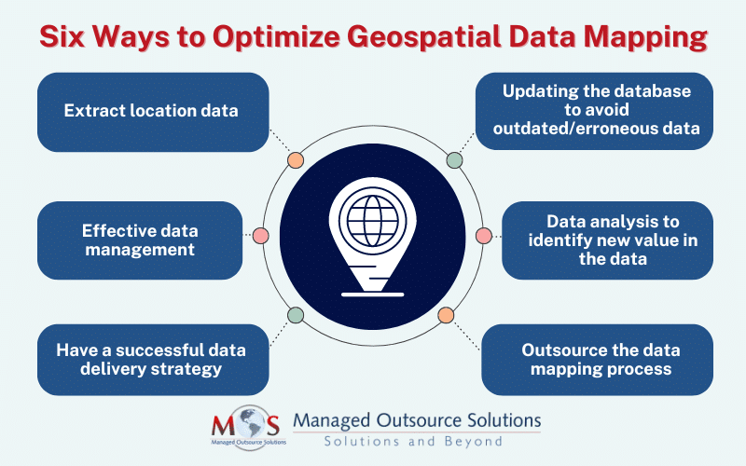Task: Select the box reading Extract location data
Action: point(151,111)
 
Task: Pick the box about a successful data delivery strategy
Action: point(151,360)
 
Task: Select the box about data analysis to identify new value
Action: point(607,240)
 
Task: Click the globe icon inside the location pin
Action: point(372,218)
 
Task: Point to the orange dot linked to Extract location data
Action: point(296,159)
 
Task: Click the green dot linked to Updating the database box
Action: point(454,159)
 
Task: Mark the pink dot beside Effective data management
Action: point(260,237)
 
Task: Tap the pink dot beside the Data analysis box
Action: point(483,237)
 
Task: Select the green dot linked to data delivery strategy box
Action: point(296,315)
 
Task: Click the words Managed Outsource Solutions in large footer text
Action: point(416,420)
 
